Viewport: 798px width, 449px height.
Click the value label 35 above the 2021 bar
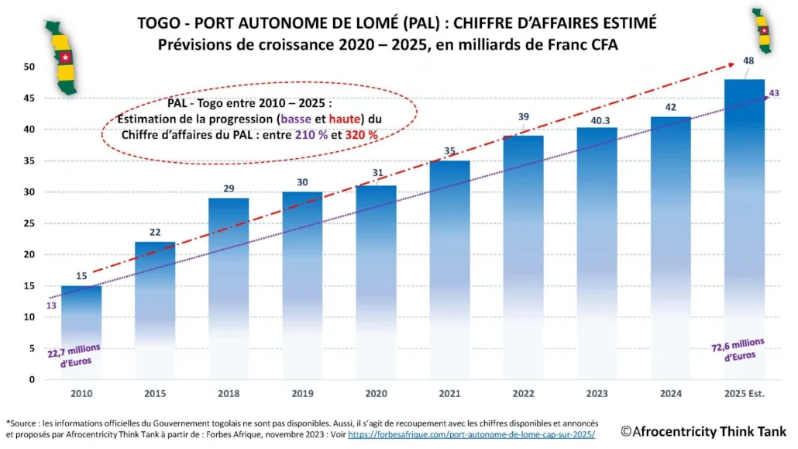pos(449,152)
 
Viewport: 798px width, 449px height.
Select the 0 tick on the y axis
pos(30,380)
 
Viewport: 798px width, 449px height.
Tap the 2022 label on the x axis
pos(523,394)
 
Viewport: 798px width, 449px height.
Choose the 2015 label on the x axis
pos(155,394)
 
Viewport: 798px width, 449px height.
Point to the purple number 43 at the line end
pos(773,94)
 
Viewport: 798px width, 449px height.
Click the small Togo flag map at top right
pos(764,31)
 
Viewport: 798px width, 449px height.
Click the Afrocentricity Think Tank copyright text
pos(703,430)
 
